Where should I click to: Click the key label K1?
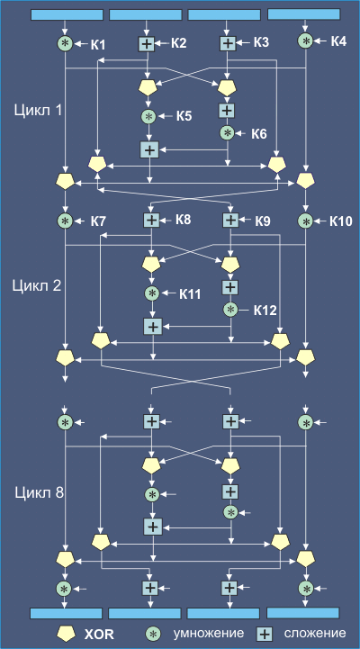point(98,44)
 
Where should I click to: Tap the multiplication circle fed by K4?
point(306,41)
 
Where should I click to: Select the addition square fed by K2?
point(146,43)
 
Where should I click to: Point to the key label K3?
point(262,42)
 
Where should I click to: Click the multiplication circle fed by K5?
point(149,117)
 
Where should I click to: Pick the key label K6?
point(258,134)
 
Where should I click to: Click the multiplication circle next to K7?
point(65,221)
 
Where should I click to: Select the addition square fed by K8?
point(152,221)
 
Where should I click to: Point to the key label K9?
point(263,221)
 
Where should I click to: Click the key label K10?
point(341,221)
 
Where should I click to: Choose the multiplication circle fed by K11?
point(152,293)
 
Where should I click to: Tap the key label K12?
point(265,311)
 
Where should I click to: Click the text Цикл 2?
point(37,285)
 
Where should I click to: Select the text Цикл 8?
point(40,493)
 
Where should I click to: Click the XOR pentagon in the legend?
point(66,633)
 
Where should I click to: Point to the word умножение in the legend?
point(209,633)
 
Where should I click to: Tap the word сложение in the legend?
point(315,633)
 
